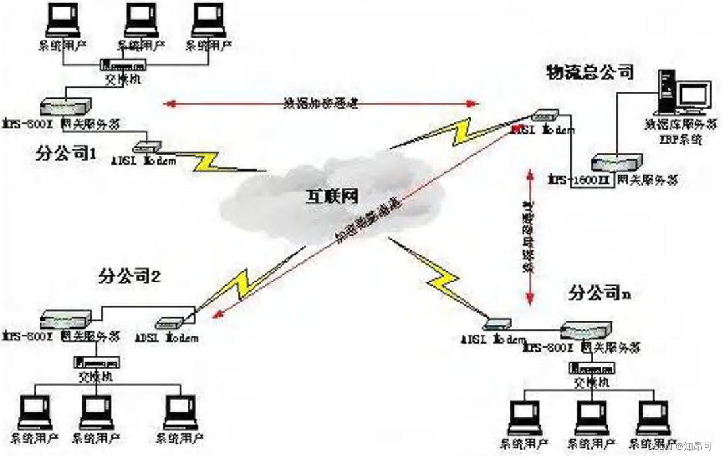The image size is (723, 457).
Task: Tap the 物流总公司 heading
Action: pos(589,72)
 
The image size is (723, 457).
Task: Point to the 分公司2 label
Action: pos(130,275)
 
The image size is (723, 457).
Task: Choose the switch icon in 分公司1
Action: pos(126,65)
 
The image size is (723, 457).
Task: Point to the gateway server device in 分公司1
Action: pos(64,105)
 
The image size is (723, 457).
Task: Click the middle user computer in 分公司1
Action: pos(140,23)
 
